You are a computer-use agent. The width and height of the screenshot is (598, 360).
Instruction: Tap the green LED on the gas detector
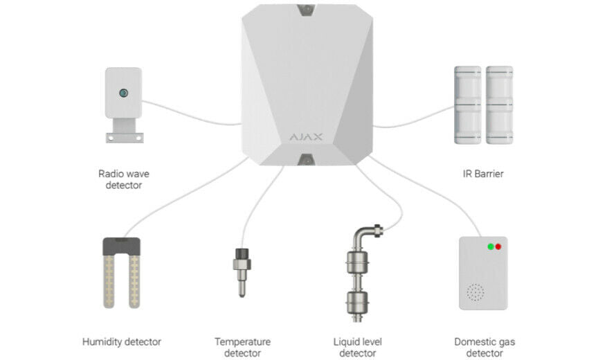(490, 246)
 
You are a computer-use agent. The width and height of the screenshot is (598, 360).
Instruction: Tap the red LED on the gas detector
(498, 246)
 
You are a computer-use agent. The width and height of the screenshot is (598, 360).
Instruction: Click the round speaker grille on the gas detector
(474, 293)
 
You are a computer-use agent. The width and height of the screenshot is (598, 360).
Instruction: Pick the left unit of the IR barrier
(467, 105)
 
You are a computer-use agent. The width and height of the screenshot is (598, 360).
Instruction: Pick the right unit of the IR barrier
(499, 105)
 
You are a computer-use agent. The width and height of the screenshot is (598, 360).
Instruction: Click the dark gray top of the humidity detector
(121, 244)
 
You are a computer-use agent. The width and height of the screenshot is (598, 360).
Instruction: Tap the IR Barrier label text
(482, 174)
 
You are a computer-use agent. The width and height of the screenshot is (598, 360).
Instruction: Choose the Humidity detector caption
(121, 341)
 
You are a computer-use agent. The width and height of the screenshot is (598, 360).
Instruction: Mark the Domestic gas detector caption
(484, 348)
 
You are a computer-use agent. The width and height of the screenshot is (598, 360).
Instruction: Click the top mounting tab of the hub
(305, 10)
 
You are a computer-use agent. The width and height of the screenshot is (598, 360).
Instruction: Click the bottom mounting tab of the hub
(305, 161)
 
